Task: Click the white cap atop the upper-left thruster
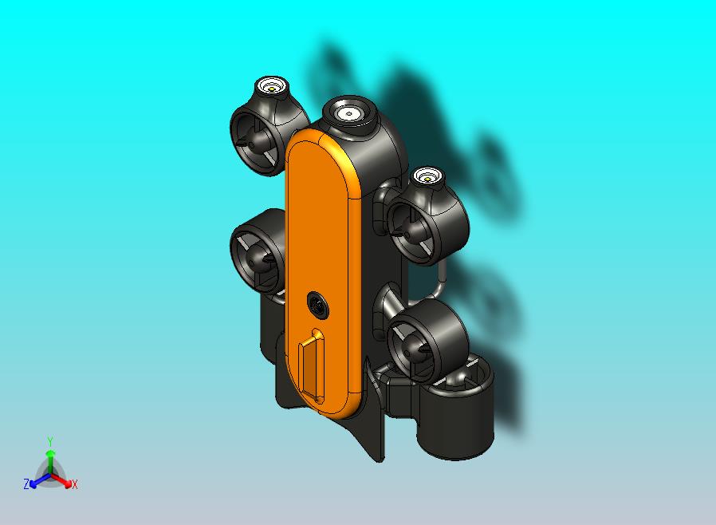(x=272, y=86)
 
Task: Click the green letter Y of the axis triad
(x=50, y=441)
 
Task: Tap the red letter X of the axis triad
(x=75, y=484)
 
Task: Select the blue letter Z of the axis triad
(x=26, y=484)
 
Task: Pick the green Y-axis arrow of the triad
(x=50, y=460)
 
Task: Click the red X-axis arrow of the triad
(x=63, y=480)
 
